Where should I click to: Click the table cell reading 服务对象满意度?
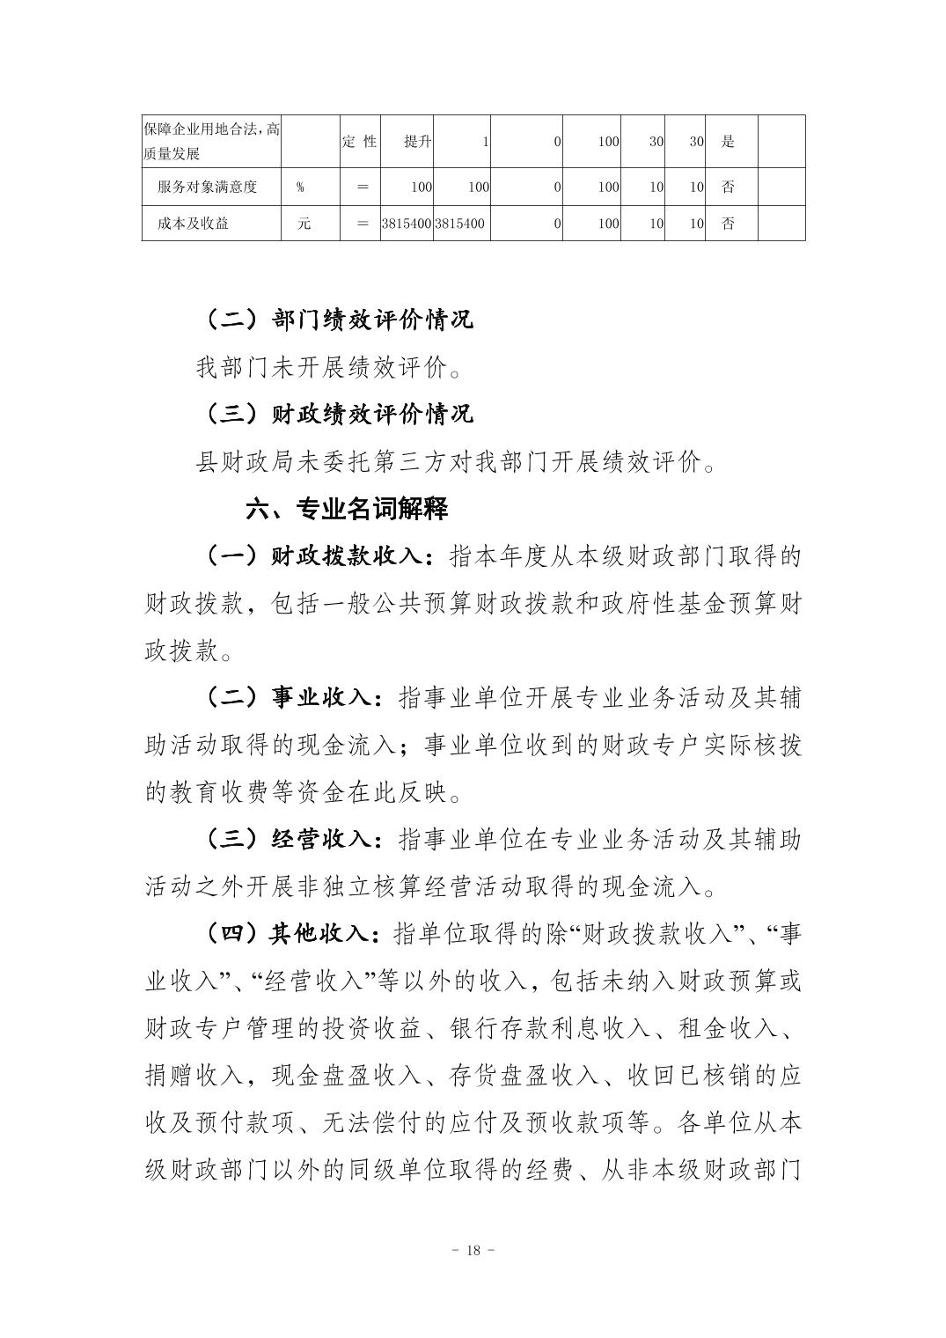click(208, 187)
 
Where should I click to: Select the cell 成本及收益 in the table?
click(194, 224)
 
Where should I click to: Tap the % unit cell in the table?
click(301, 187)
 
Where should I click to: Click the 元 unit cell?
click(304, 224)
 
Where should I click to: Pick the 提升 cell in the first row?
click(417, 142)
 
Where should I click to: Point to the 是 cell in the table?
click(728, 142)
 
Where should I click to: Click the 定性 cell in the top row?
click(359, 142)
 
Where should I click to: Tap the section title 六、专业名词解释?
click(347, 509)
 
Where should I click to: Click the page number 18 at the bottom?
click(473, 1251)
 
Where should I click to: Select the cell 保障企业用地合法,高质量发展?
click(211, 142)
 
